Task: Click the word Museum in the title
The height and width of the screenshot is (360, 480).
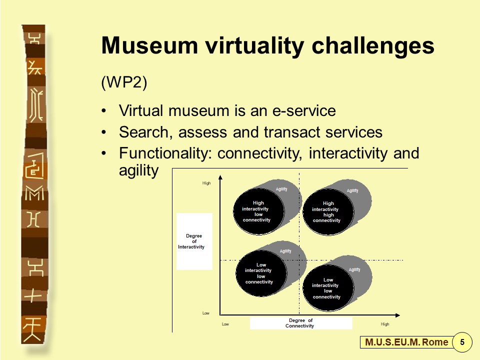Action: [149, 45]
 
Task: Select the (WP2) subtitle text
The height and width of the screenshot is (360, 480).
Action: [124, 82]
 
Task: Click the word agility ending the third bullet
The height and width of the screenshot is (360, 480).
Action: [138, 170]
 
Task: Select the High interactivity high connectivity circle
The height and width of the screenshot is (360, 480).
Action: [328, 212]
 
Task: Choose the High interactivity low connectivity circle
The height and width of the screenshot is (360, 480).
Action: [258, 211]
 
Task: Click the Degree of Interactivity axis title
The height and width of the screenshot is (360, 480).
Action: [192, 241]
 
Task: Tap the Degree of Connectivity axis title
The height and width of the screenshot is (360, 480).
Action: [300, 323]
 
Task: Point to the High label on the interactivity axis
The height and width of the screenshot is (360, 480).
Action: [206, 183]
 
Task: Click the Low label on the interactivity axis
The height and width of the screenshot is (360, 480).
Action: [205, 313]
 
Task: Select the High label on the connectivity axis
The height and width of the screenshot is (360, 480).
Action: [385, 324]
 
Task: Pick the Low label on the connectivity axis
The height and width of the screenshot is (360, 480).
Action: [225, 324]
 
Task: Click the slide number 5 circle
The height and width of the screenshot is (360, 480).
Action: [462, 341]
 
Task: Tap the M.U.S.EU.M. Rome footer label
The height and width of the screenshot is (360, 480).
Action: [406, 342]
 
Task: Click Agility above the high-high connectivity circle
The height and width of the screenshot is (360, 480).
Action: [352, 190]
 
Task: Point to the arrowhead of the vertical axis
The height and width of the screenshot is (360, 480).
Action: [220, 177]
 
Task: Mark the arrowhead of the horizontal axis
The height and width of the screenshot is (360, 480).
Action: [397, 315]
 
